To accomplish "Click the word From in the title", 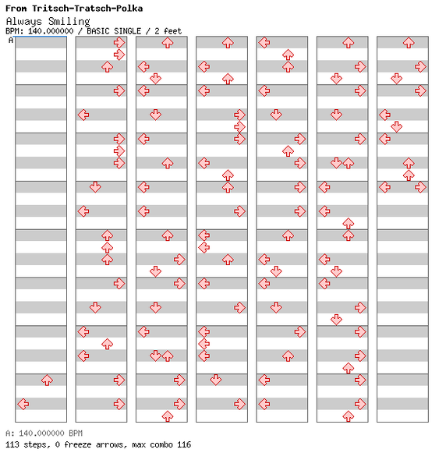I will (x=16, y=9).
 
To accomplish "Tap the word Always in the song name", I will (x=23, y=22).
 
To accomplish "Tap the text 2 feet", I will (x=168, y=31).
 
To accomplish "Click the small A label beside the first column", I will (x=11, y=41).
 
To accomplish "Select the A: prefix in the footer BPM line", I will (x=9, y=433).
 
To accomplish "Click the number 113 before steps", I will (x=12, y=444).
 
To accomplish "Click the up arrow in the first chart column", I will (x=47, y=380).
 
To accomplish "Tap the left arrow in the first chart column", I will (x=23, y=404).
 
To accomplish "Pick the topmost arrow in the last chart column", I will (x=409, y=43).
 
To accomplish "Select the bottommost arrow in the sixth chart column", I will (x=349, y=416).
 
